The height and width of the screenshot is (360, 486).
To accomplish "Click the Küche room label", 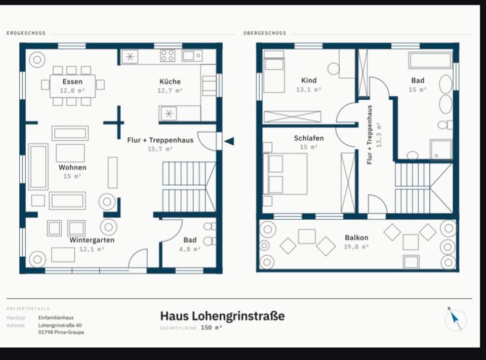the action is [x=170, y=82].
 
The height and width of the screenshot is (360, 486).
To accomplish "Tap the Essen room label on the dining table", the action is [x=72, y=82].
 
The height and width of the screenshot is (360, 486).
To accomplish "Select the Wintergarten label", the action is [x=92, y=240].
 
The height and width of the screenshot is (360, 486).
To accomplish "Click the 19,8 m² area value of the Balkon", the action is [x=356, y=247].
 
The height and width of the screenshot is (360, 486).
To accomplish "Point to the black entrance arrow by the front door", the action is [x=229, y=141].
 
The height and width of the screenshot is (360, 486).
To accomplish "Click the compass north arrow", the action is [x=455, y=318].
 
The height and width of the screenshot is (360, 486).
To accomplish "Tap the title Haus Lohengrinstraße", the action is [x=222, y=316].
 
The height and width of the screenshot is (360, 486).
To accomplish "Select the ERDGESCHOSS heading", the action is [x=26, y=33].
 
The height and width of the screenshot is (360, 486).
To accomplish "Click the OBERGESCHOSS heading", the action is [x=265, y=33].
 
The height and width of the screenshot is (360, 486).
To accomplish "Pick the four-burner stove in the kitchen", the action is [x=168, y=56].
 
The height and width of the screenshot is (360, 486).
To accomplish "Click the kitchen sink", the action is [x=192, y=56].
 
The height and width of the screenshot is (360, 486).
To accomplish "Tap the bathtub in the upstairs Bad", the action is [x=430, y=60].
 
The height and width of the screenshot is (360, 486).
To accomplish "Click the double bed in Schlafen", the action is [x=285, y=174].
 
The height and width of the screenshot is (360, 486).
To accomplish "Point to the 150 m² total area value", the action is [x=211, y=328].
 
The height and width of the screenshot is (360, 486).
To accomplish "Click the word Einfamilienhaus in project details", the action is [x=56, y=317].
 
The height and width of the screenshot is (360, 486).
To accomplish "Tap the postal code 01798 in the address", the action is [x=46, y=332].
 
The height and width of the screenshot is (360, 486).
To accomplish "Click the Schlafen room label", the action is [x=309, y=138].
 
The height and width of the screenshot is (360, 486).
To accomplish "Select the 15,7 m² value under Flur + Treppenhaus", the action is [x=160, y=149].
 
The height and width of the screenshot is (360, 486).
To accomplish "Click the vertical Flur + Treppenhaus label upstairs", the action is [x=369, y=135].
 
